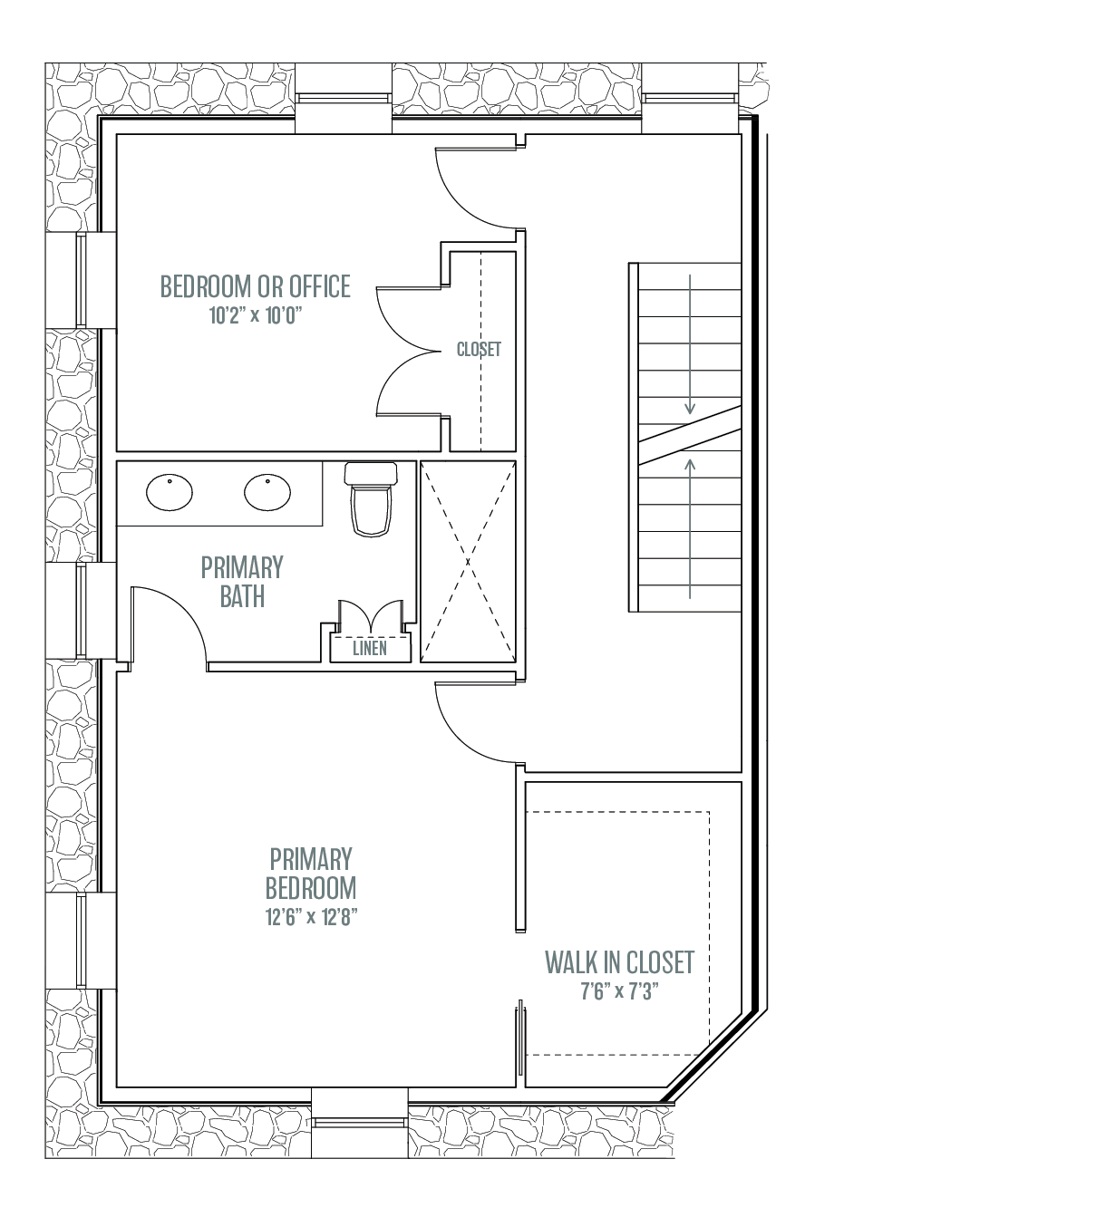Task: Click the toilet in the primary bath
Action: tap(371, 498)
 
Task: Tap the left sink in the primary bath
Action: tap(170, 492)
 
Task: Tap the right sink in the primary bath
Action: tap(267, 492)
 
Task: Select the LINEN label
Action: tap(370, 649)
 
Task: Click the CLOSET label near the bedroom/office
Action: tap(479, 350)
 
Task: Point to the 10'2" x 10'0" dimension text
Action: tap(256, 316)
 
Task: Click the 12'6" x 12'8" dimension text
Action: tap(311, 917)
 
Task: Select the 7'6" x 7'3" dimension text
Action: tap(619, 991)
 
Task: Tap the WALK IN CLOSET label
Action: tap(619, 961)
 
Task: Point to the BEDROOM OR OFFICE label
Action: tap(256, 286)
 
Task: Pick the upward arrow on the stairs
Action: tap(690, 527)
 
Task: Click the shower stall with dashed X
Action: tap(468, 561)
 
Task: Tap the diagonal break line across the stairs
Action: tap(690, 436)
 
